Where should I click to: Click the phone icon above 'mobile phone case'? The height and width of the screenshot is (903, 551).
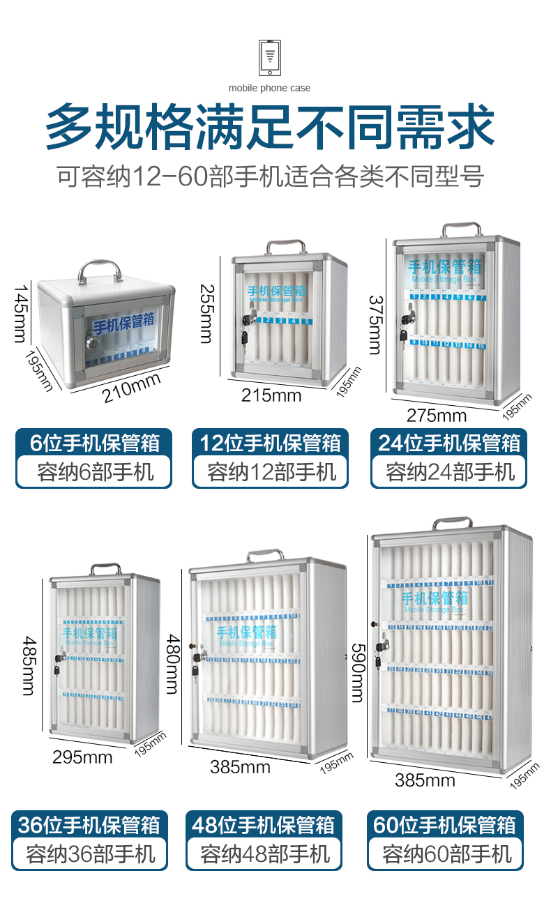point(270,57)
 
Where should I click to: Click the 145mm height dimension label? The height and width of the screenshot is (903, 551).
point(22,313)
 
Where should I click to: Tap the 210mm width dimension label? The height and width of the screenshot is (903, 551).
point(131,388)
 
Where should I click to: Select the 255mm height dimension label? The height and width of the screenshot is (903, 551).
point(206,313)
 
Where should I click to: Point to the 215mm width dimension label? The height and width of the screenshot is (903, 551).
point(271,395)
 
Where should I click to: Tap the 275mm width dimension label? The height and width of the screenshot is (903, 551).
point(437,416)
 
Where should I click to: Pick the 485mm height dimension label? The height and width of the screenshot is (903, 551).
point(29,665)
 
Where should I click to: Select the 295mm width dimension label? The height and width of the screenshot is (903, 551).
point(82,757)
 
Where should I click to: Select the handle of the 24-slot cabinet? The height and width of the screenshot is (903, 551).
point(461,229)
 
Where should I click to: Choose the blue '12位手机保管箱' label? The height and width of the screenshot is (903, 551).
point(270,443)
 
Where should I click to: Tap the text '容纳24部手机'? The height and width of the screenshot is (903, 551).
point(448,473)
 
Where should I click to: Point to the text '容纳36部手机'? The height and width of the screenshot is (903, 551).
point(91,854)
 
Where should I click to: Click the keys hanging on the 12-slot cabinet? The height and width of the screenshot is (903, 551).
point(244,337)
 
